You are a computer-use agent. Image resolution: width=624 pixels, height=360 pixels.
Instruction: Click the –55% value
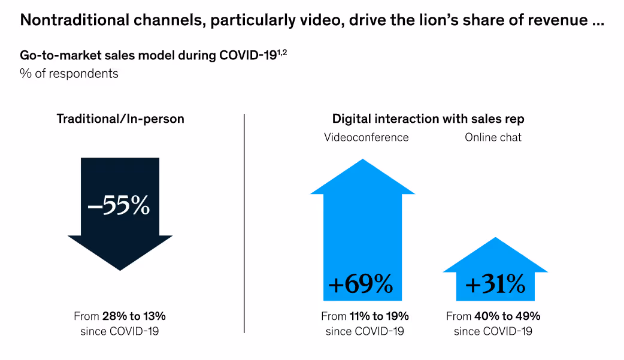(x=119, y=205)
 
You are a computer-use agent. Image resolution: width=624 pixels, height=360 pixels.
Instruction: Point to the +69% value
(x=361, y=285)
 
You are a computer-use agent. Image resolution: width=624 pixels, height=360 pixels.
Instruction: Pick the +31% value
(x=495, y=285)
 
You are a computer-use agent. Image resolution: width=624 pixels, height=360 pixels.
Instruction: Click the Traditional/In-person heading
(x=120, y=119)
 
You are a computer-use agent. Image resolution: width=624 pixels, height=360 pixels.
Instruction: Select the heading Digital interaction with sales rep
(x=428, y=119)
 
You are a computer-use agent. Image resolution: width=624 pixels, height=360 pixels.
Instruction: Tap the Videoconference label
(x=366, y=137)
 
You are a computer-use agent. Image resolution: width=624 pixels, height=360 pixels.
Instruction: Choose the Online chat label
(x=493, y=137)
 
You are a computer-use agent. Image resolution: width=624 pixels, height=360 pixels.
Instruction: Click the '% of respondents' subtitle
(x=69, y=74)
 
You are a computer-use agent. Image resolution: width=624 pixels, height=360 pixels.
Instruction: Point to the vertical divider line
(x=244, y=222)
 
